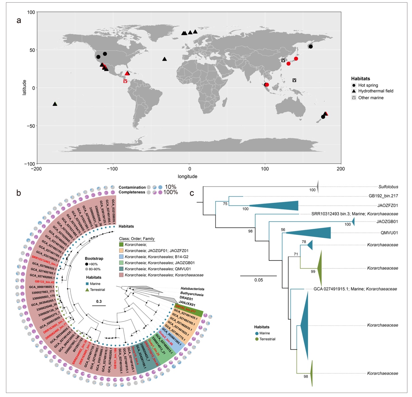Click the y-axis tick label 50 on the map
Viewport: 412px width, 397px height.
(31, 50)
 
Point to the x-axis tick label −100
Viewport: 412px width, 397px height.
(112, 169)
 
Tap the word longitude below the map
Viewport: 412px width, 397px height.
(187, 177)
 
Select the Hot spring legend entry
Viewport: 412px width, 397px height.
(368, 85)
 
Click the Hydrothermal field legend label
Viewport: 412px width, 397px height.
(376, 91)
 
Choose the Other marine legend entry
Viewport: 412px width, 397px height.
(371, 98)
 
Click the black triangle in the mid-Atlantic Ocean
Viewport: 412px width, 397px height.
(165, 59)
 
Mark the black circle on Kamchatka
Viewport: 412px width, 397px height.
(311, 47)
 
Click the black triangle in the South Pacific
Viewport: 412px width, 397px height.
(55, 104)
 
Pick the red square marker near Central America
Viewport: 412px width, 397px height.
(125, 81)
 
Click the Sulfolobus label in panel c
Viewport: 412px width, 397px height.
(388, 187)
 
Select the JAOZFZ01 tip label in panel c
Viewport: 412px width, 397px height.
(387, 205)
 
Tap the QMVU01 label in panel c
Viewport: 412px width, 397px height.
(389, 233)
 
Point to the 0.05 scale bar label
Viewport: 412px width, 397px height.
(258, 280)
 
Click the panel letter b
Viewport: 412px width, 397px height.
(19, 193)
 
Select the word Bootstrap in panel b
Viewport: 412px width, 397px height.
(94, 259)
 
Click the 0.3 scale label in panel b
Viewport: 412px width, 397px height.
(99, 301)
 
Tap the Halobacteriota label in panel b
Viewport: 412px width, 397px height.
(193, 289)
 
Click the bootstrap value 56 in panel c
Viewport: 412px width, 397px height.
(283, 230)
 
